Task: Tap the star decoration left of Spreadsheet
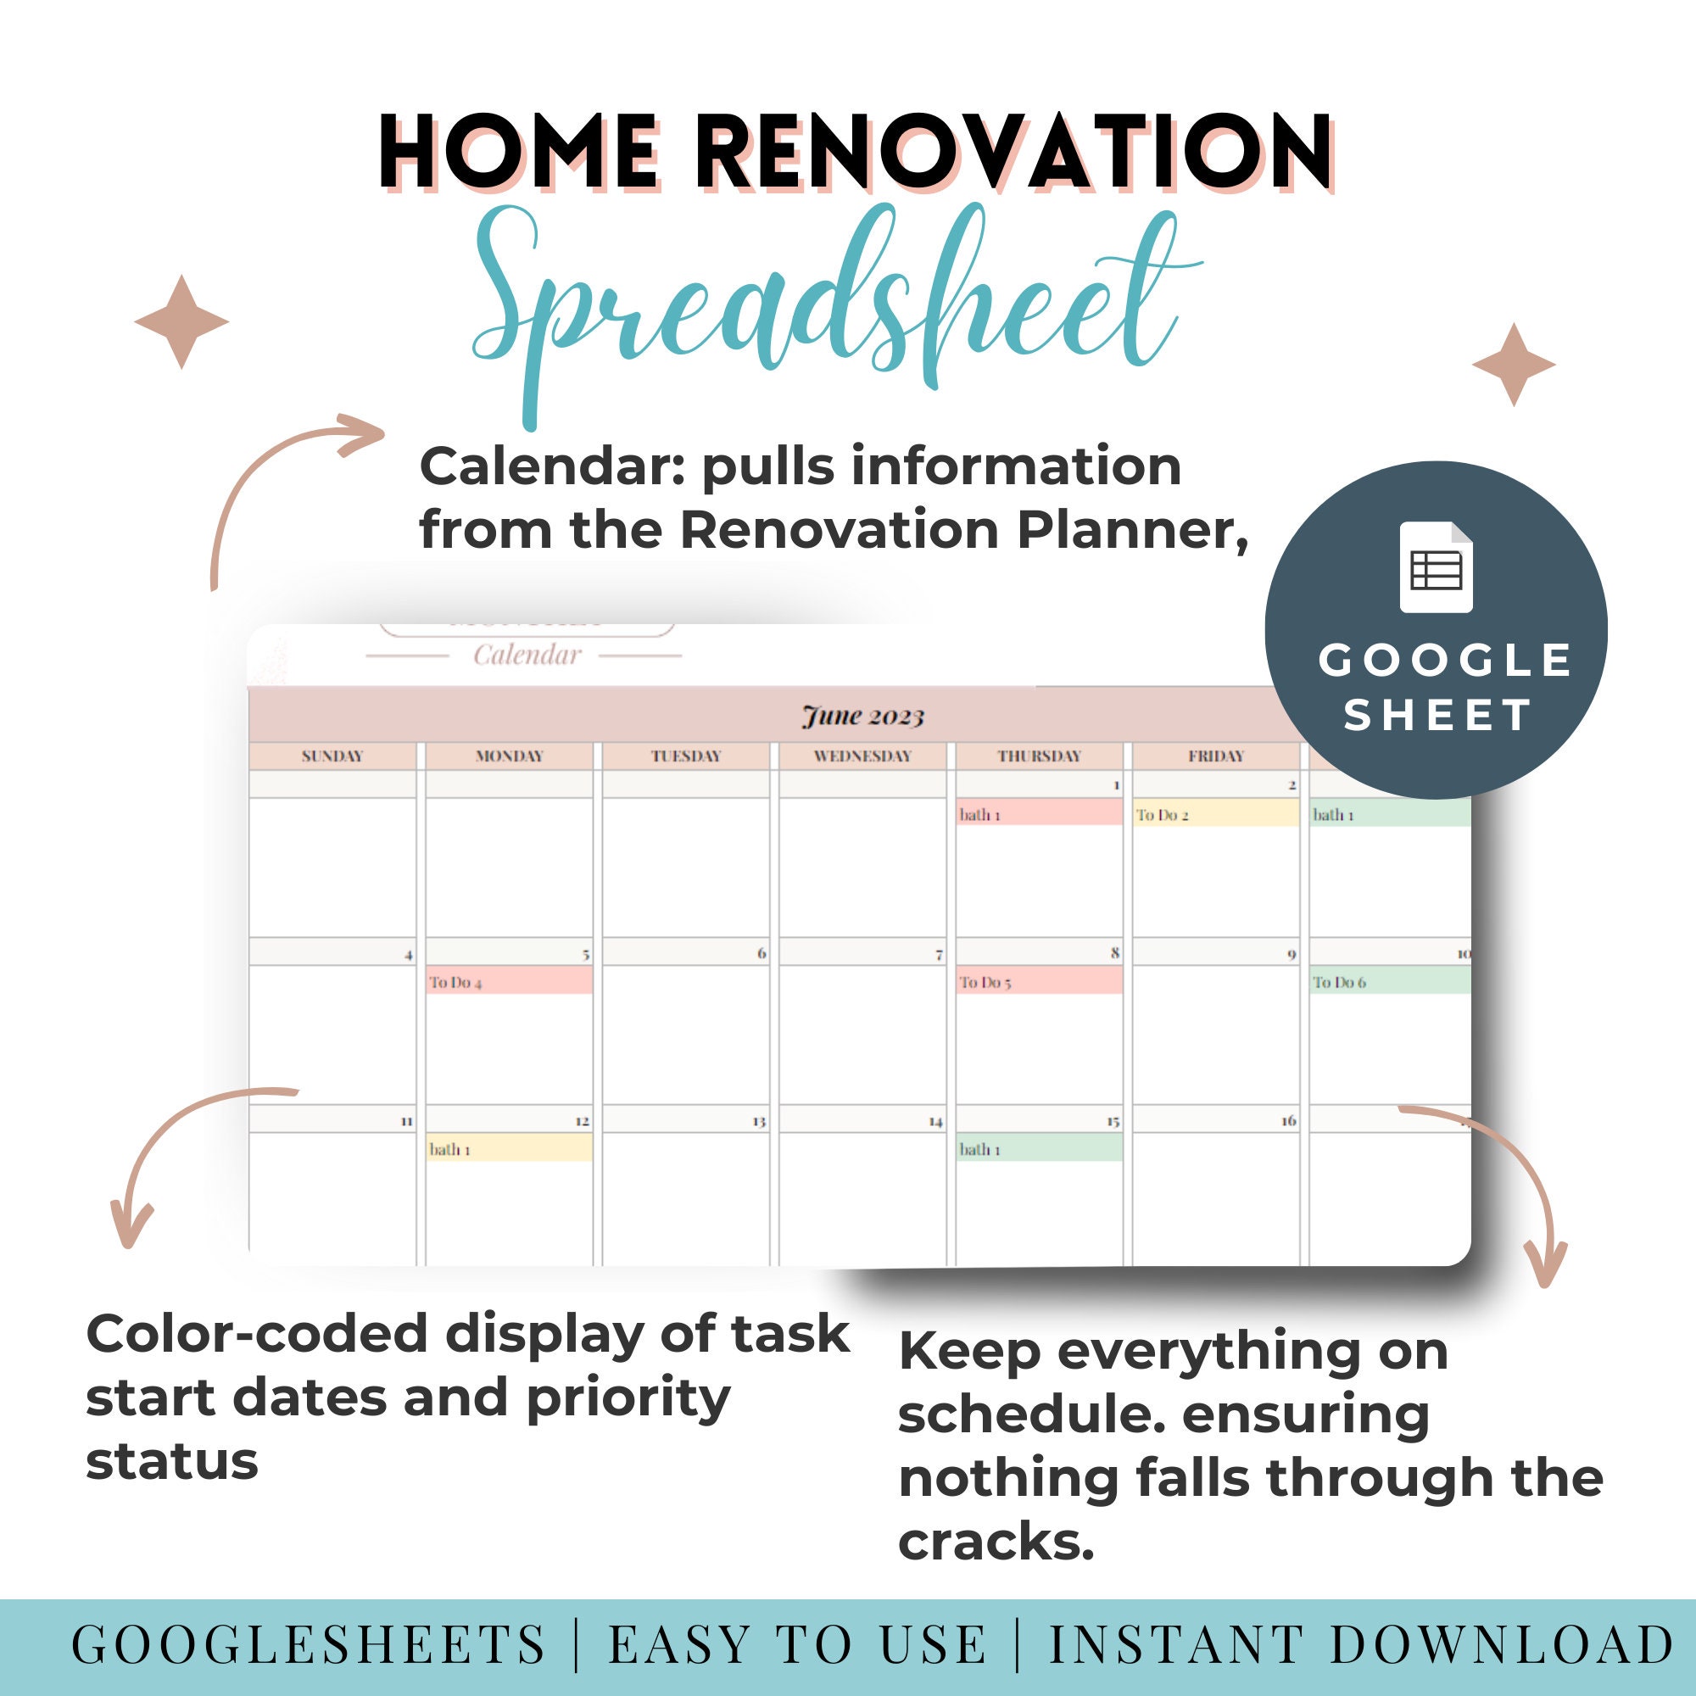pos(181,321)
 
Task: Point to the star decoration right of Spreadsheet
pos(1514,365)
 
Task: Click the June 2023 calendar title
pos(863,717)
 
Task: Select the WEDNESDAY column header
pos(862,756)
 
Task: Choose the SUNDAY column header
pos(332,756)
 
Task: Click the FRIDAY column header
pos(1216,756)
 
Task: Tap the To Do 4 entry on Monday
pos(508,981)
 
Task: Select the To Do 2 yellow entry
pos(1215,815)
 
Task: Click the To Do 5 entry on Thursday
pos(1039,981)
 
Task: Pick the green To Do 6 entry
pos(1389,981)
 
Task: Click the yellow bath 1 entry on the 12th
pos(508,1148)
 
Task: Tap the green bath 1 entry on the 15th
pos(1039,1148)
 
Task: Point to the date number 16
pos(1288,1120)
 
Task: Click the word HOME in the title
pos(519,152)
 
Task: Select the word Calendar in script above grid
pos(527,655)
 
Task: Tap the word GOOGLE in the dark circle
pos(1445,660)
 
